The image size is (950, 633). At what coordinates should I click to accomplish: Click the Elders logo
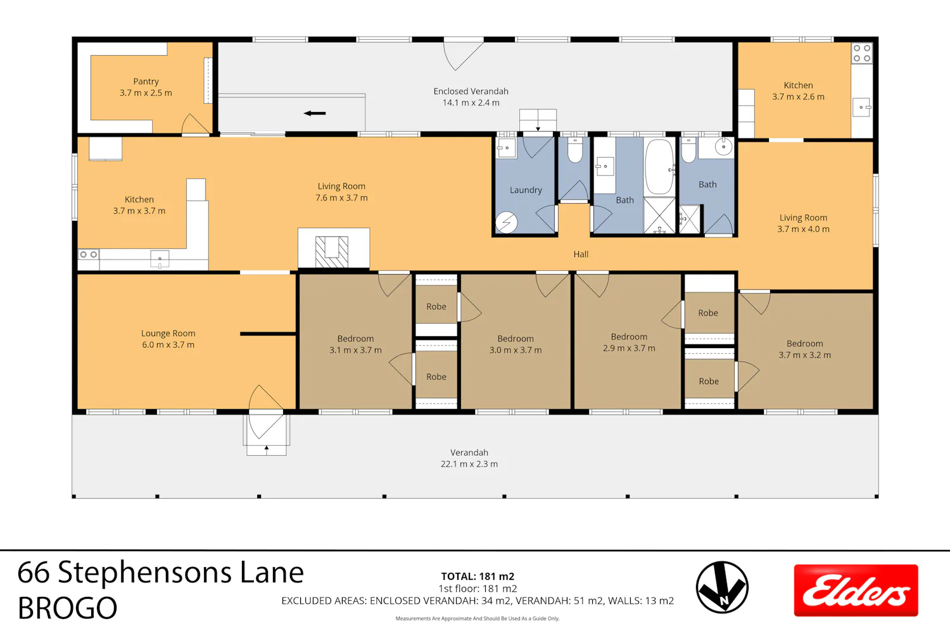(856, 590)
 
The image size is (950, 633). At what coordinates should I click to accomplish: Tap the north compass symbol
(722, 587)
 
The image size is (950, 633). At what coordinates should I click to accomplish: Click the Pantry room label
(146, 87)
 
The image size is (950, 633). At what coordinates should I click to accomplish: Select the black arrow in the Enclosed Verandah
(315, 113)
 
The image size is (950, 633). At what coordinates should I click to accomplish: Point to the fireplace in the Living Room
(332, 252)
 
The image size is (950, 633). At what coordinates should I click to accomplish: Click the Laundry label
(526, 190)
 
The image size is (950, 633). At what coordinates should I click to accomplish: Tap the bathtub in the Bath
(659, 166)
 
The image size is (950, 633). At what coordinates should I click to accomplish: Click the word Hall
(581, 254)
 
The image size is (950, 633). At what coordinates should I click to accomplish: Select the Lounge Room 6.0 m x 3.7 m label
(168, 339)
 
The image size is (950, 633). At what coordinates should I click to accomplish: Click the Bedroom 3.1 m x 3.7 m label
(355, 344)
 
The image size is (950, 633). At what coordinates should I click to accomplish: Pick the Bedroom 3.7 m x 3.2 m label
(804, 349)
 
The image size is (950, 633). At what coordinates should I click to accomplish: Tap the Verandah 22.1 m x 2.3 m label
(469, 458)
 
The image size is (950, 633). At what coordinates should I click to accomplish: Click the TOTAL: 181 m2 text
(478, 576)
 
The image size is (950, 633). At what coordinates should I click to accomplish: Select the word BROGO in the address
(67, 608)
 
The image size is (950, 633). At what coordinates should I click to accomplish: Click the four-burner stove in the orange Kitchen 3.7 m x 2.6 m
(862, 53)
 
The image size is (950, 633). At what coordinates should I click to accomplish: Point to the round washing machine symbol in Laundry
(507, 222)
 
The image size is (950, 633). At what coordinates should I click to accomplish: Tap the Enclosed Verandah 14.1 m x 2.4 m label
(471, 97)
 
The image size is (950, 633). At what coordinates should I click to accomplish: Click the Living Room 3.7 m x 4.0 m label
(803, 223)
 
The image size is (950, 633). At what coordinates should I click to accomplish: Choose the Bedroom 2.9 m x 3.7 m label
(629, 342)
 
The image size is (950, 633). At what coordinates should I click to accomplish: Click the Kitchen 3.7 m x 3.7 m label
(139, 205)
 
